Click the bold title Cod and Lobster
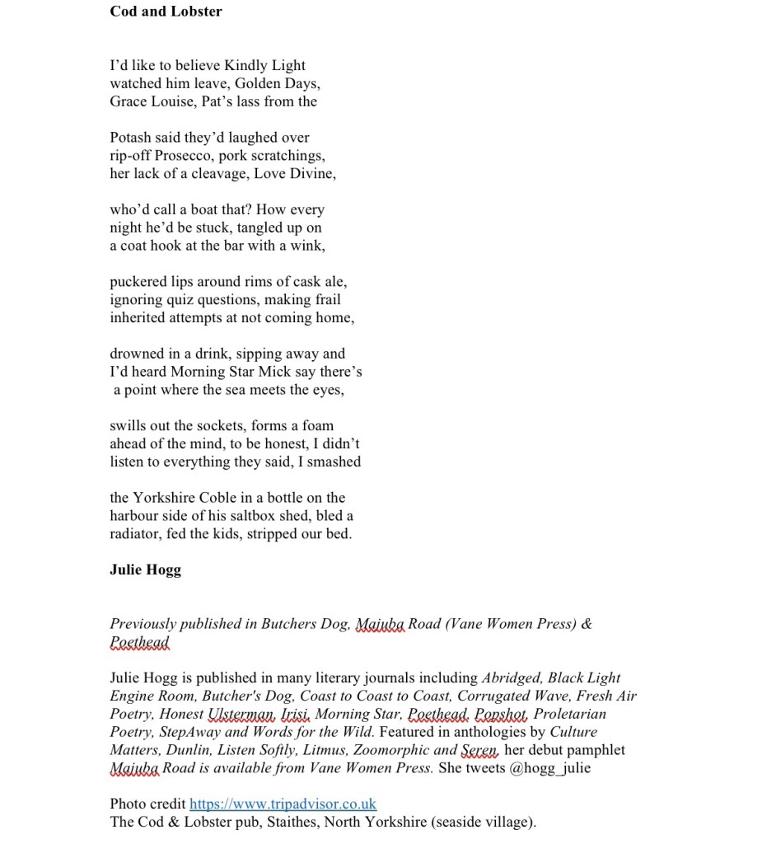click(166, 12)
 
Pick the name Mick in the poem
click(270, 372)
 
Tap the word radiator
click(138, 534)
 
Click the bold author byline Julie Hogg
click(145, 570)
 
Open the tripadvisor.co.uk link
click(283, 804)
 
